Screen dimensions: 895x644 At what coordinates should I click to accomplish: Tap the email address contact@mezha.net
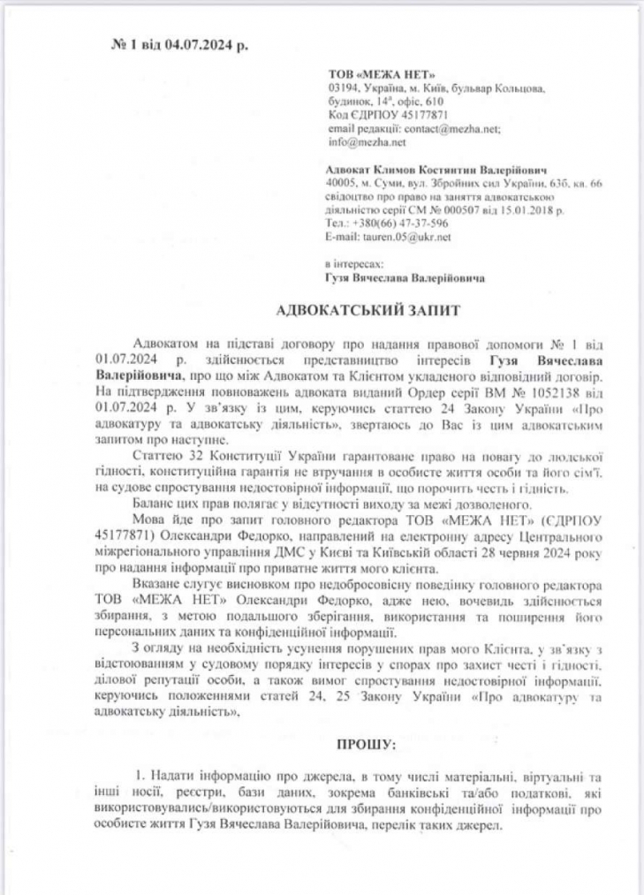(x=454, y=128)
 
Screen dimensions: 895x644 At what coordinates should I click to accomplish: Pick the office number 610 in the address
(x=435, y=102)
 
